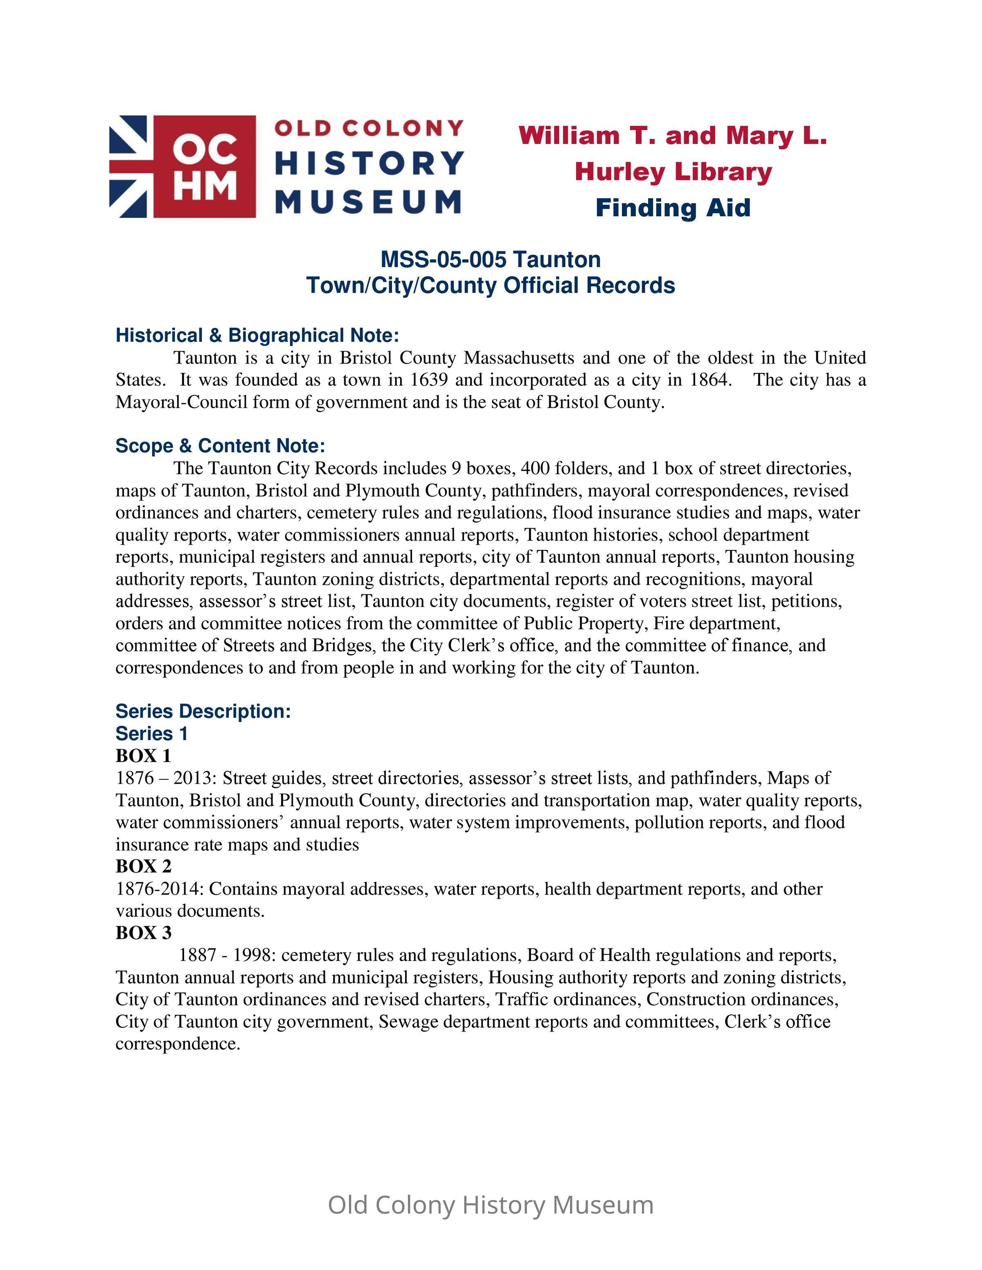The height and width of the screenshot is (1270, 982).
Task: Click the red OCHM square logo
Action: click(x=204, y=166)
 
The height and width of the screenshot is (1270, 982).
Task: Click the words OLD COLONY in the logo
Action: click(x=369, y=128)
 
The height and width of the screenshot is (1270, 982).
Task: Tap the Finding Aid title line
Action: click(x=673, y=208)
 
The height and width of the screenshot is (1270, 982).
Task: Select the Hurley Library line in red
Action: click(x=673, y=172)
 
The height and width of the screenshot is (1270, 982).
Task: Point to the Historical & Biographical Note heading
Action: click(x=257, y=336)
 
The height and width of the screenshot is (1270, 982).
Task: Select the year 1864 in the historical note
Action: click(x=709, y=380)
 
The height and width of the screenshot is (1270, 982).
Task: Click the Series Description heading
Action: click(x=203, y=711)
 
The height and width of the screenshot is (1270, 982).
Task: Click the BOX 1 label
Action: click(x=143, y=756)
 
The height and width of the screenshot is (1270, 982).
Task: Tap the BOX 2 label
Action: click(x=143, y=866)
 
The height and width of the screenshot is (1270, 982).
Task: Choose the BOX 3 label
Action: click(x=143, y=933)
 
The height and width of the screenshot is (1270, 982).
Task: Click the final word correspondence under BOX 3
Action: click(x=178, y=1044)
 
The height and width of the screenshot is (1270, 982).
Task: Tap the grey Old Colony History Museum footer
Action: click(x=491, y=1205)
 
